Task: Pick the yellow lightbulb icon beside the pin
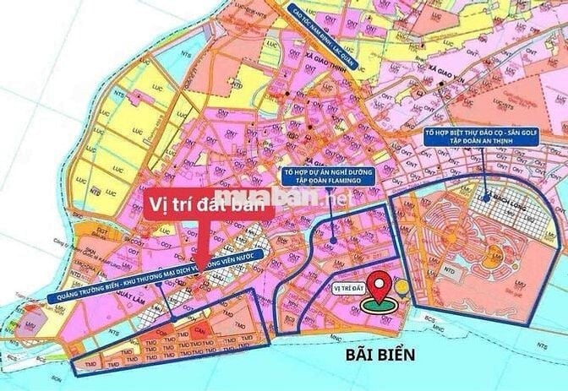(403, 287)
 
